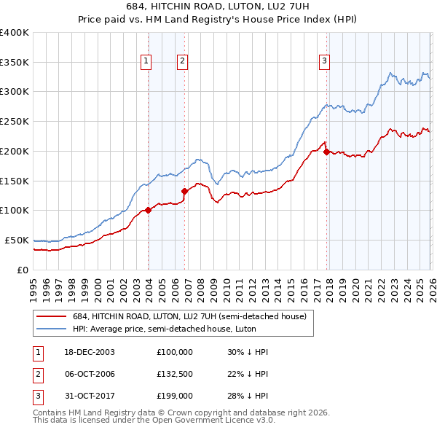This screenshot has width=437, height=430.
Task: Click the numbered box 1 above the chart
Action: [x=147, y=62]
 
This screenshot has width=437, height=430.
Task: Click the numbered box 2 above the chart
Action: [x=183, y=62]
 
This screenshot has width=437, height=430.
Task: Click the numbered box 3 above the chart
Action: [x=325, y=62]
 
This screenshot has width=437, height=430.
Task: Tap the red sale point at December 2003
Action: [x=148, y=210]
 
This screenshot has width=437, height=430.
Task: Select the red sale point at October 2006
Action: [x=184, y=191]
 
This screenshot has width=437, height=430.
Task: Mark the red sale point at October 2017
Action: [x=326, y=152]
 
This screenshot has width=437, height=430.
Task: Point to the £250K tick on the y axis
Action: [x=15, y=121]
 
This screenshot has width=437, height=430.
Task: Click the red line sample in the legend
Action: [x=52, y=316]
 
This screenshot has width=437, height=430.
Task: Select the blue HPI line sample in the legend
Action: [x=52, y=329]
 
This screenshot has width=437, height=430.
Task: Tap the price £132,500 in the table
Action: [x=174, y=374]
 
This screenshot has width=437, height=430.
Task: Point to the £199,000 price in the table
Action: [x=174, y=396]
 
